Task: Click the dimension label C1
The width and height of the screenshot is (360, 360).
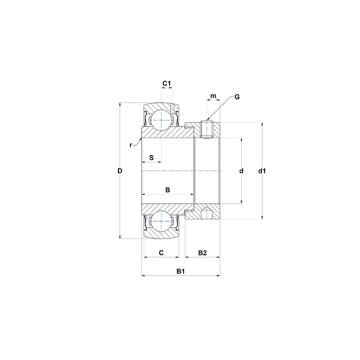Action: click(x=166, y=83)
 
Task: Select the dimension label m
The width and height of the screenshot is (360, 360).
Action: click(x=213, y=96)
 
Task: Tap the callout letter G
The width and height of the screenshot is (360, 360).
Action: click(x=237, y=97)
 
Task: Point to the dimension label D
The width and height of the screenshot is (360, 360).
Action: click(x=119, y=171)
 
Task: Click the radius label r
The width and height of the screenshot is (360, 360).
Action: click(x=130, y=145)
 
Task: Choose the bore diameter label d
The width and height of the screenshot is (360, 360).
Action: click(x=241, y=171)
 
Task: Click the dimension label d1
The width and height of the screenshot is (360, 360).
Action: click(x=263, y=171)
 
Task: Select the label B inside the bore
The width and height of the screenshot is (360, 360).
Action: click(x=167, y=190)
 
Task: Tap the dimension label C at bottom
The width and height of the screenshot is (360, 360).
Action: click(x=161, y=253)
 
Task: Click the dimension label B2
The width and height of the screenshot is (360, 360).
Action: click(x=202, y=253)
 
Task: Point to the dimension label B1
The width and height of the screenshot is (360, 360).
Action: click(x=180, y=271)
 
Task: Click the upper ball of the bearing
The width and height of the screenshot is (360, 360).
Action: click(x=161, y=120)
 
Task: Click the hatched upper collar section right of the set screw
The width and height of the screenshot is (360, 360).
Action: click(x=216, y=130)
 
